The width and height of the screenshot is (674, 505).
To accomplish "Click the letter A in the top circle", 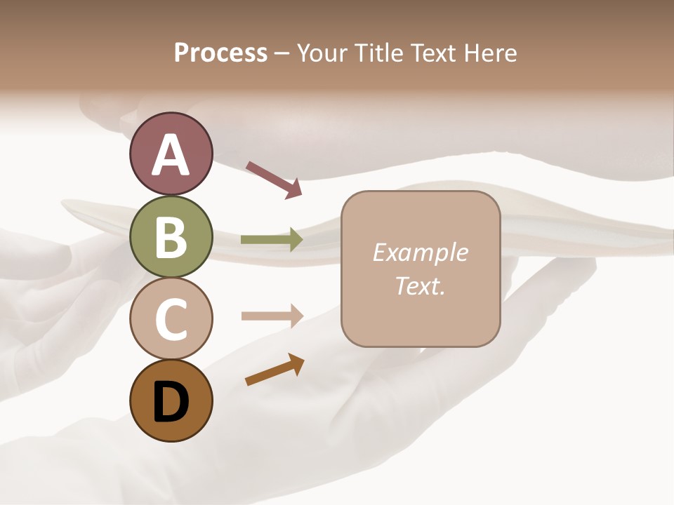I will coord(171,154).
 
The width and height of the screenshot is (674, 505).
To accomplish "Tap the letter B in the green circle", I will coord(171,237).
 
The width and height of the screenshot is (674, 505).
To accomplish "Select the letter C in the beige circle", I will coord(171,319).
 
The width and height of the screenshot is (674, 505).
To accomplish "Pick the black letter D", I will coord(171,402).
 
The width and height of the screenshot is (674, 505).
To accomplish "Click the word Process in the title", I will coord(220,53).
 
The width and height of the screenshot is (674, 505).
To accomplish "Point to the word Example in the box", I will coord(420,252).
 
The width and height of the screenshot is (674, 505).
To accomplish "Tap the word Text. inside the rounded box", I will coord(420,285).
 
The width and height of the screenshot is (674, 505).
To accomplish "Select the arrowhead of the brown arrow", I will coord(296,363).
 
